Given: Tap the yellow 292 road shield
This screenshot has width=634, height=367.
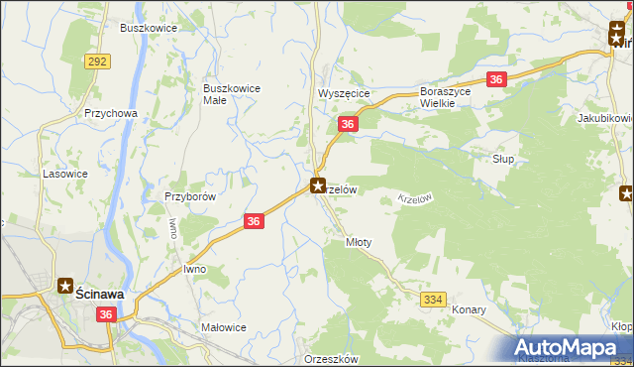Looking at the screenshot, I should tap(97, 61).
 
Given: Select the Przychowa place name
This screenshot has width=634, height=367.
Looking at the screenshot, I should tap(111, 113).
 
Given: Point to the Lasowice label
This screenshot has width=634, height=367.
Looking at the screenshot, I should tap(63, 173).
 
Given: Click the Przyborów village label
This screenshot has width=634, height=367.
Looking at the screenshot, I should tap(189, 196).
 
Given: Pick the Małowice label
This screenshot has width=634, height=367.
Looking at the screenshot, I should tap(223, 327).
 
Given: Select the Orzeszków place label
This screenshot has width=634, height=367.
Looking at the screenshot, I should tap(332, 359).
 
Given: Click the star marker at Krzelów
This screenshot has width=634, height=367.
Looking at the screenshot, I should tap(318, 184).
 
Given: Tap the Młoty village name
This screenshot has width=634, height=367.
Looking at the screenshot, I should tap(358, 242).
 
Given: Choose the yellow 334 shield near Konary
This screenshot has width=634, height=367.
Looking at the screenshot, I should tap(434, 299).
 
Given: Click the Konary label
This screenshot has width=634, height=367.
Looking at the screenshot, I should tap(469, 309).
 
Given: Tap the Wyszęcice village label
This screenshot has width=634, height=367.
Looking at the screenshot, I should tap(344, 93).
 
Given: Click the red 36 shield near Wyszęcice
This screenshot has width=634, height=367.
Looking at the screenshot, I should tap(347, 124).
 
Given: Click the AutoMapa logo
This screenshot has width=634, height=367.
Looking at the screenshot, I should tap(569, 346).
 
